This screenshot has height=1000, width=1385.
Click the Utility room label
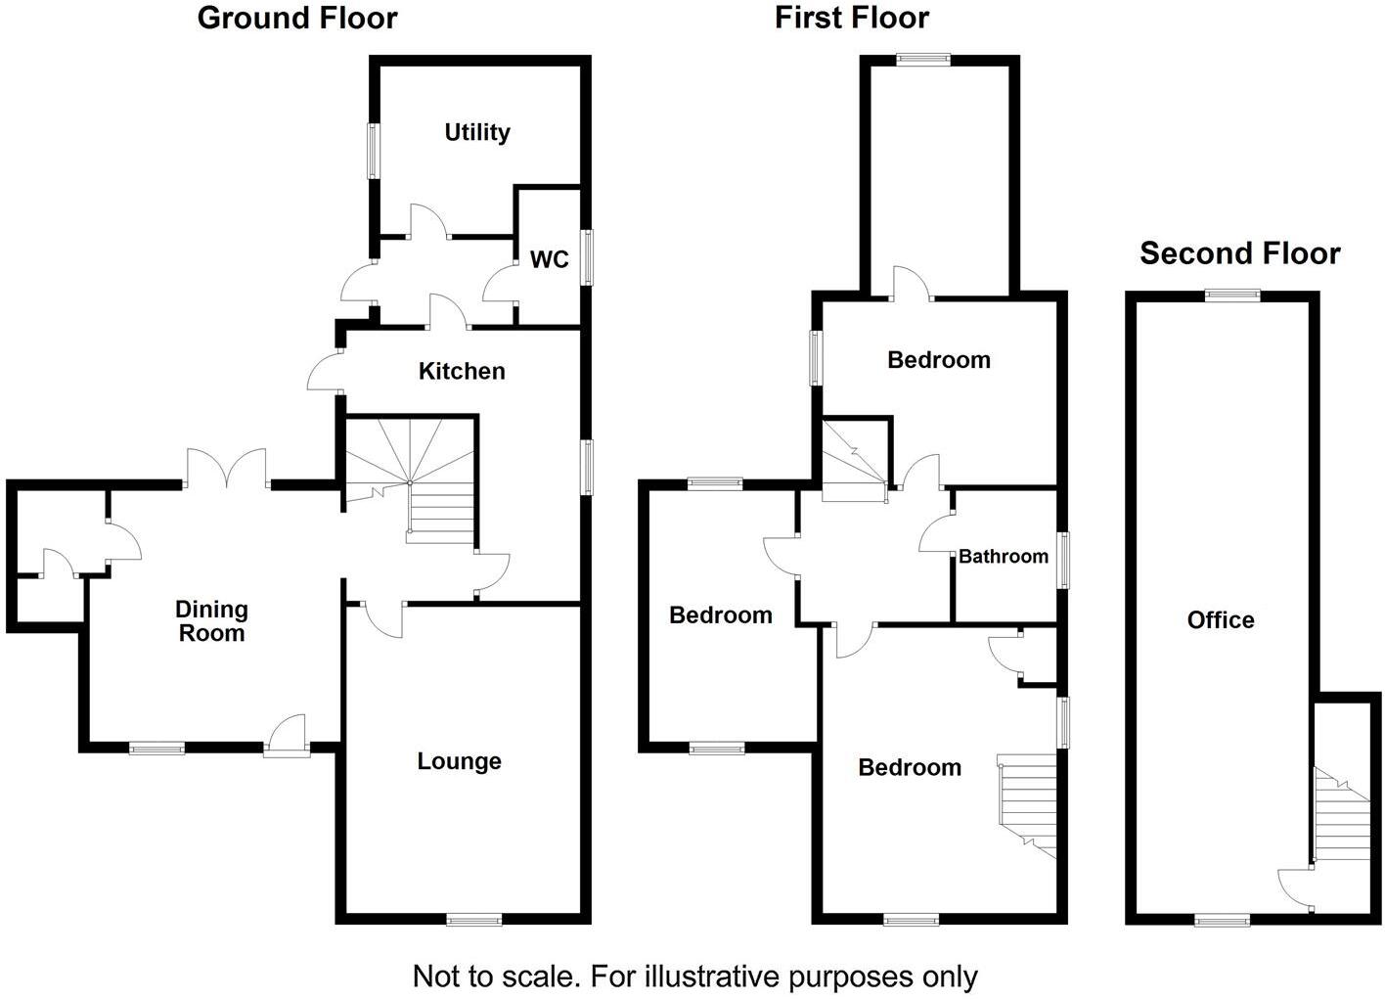coord(477,132)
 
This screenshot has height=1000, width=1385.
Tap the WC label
coord(549,259)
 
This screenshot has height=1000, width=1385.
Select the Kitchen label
coord(462,371)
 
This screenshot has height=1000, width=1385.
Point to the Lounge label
coord(459,761)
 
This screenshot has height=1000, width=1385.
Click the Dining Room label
coord(211,621)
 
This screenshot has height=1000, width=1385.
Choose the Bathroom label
coord(1004,557)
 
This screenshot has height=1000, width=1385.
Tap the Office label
coord(1221,619)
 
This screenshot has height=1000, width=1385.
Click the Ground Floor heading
coord(297,18)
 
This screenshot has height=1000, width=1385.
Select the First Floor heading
coord(852,18)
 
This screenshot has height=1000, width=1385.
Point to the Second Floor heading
coord(1239,253)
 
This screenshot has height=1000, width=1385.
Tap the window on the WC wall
coord(587,257)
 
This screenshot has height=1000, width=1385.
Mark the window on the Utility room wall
coord(374,151)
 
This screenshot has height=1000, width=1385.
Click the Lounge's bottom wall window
coord(474,919)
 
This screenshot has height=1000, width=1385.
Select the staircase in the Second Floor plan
coord(1341,817)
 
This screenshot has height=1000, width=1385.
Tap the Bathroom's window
coord(1063,560)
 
